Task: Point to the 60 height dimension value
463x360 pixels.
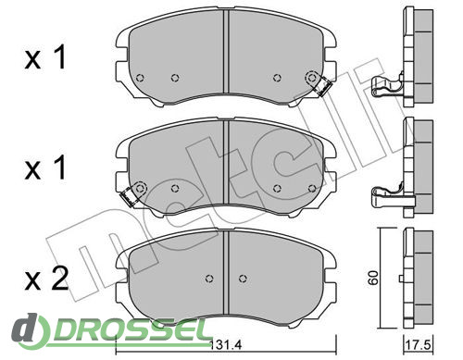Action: click(373, 278)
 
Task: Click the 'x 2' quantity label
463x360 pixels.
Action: click(46, 279)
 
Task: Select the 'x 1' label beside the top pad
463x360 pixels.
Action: click(45, 57)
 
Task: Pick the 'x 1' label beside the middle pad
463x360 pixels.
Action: click(45, 168)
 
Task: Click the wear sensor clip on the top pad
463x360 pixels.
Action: click(323, 87)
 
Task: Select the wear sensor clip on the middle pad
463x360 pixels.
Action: click(128, 197)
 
